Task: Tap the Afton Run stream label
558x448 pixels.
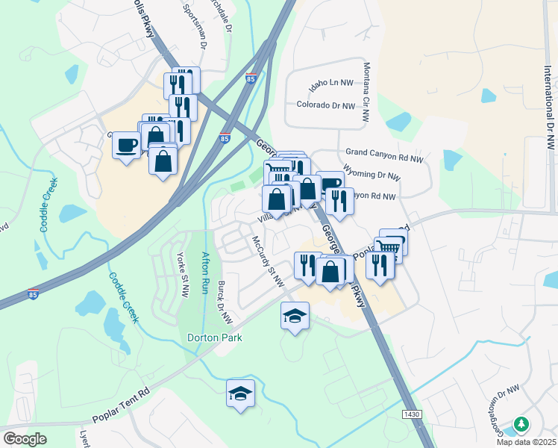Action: pos(207,273)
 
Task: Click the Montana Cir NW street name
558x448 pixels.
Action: pos(366,92)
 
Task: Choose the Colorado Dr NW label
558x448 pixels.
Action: pos(326,106)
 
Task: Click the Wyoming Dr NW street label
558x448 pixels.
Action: pos(372,178)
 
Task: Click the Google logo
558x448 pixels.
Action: pos(25,438)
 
